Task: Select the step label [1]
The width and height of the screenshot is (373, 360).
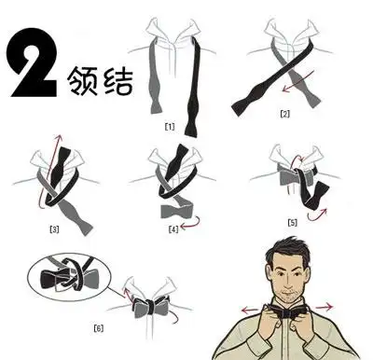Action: pos(170,125)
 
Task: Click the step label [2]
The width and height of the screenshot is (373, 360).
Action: pos(285,114)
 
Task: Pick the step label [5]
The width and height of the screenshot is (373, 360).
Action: pos(292,222)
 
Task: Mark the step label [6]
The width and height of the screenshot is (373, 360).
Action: pos(98,326)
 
